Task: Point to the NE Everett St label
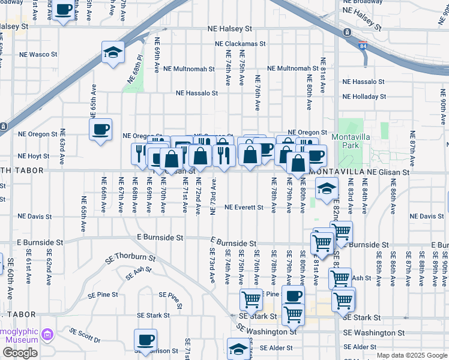tap(244, 208)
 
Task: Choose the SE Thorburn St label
tap(130, 259)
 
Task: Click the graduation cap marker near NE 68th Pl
tap(112, 52)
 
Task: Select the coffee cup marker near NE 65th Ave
tap(100, 128)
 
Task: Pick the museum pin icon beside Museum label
tap(48, 332)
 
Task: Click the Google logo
tap(20, 353)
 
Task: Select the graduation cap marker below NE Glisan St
tap(326, 189)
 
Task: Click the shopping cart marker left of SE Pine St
tap(251, 298)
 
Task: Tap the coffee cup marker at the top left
tap(63, 10)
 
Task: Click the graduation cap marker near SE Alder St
tap(238, 349)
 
